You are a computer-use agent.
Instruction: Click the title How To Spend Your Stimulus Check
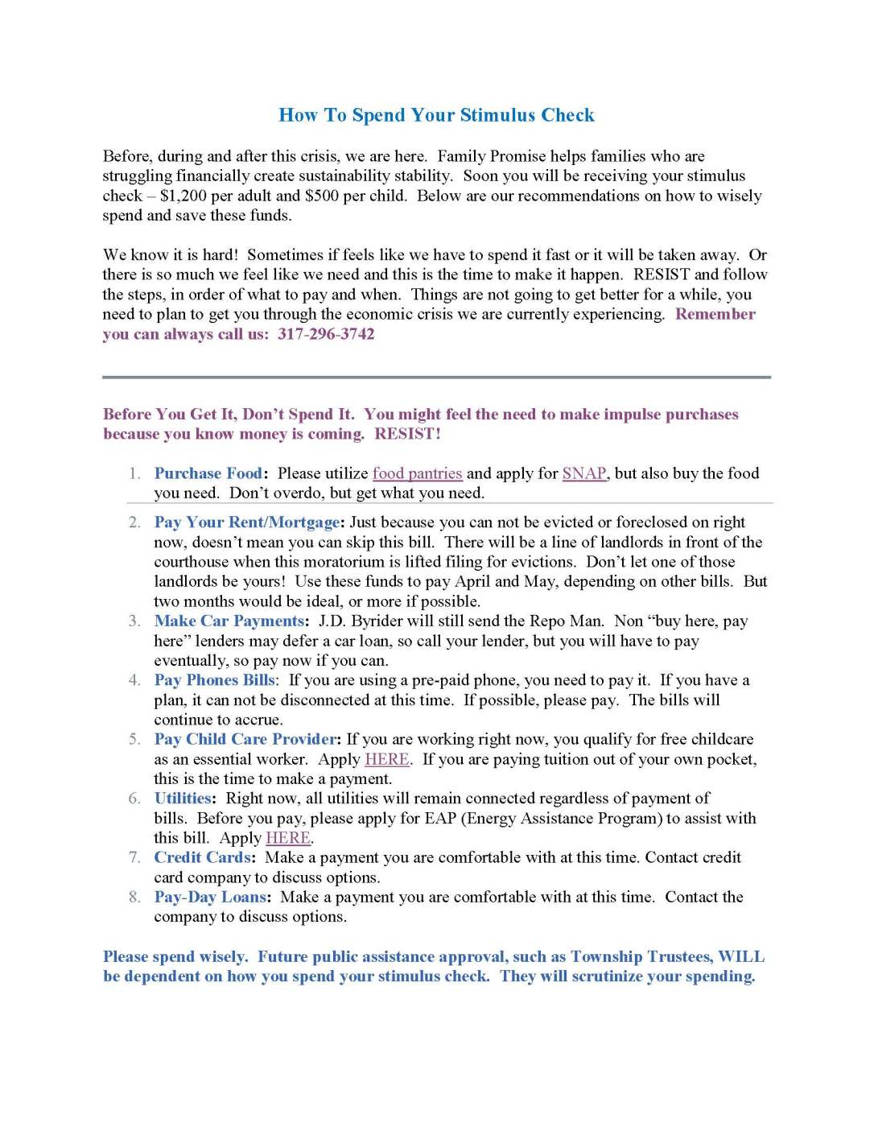436,115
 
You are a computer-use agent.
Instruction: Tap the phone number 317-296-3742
326,334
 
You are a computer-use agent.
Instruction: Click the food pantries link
417,473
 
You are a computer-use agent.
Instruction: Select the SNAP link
583,473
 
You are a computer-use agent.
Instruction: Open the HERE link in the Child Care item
387,759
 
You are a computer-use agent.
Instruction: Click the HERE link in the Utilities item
288,838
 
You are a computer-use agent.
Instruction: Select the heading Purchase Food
208,473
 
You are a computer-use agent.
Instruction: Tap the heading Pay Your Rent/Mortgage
247,522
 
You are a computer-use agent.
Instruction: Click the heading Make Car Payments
229,621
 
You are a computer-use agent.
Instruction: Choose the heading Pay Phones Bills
214,680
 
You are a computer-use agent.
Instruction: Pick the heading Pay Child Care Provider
245,739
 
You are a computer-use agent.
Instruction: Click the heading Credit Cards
203,857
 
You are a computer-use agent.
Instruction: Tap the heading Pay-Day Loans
210,897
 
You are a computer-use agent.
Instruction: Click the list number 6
134,799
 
